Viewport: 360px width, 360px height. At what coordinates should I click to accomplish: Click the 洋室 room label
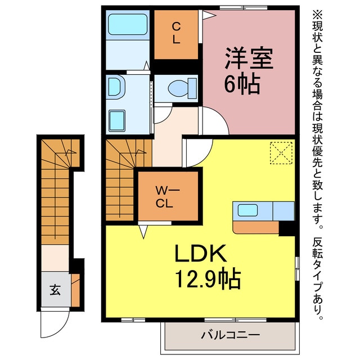coord(249,58)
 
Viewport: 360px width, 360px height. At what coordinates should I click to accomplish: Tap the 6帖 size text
coord(242,84)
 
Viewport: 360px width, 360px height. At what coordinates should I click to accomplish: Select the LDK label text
coord(200,253)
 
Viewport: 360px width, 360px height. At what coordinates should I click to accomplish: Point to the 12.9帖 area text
coord(208,279)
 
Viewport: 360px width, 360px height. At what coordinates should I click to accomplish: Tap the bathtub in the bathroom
coord(128,25)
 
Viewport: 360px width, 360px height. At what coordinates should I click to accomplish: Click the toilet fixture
coord(182,88)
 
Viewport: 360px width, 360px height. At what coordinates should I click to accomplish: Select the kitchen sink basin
coord(247,210)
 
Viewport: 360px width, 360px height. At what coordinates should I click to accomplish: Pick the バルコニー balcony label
coord(230,335)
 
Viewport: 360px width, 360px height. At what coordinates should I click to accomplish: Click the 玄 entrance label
coord(55,290)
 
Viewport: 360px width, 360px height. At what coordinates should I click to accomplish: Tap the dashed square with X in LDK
coord(281,153)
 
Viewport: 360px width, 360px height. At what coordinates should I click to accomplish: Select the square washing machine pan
coord(117,120)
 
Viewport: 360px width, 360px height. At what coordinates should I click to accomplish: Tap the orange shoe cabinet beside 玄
coord(75,290)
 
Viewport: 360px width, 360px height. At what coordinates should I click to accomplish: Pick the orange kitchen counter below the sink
coord(256,227)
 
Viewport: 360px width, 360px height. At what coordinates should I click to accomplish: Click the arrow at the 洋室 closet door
coord(209,16)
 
